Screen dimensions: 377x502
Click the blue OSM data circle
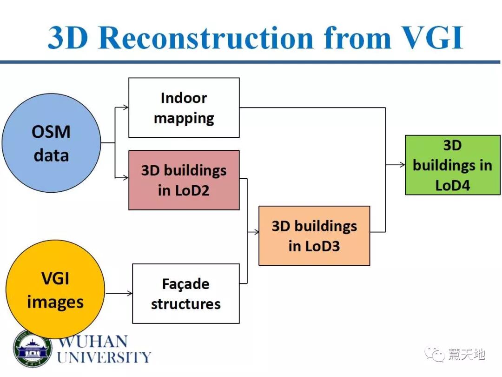click(51, 143)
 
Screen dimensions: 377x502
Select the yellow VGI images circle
click(55, 289)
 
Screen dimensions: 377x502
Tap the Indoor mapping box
click(184, 108)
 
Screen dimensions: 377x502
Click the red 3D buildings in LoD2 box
click(184, 180)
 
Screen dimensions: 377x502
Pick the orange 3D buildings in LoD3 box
click(314, 236)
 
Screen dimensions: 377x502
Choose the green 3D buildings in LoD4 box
click(452, 165)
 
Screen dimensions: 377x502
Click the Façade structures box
click(185, 294)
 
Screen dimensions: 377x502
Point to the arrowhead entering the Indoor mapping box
click(125, 107)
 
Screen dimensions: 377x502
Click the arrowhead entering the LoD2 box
click(125, 177)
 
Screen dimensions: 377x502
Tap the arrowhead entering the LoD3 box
click(256, 232)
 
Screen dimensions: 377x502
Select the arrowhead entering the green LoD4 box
click(402, 165)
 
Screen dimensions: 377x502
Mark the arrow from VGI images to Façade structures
click(119, 293)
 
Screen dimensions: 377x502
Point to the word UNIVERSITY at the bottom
click(104, 357)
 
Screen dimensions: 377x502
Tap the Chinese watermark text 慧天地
click(466, 355)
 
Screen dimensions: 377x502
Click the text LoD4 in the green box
click(452, 185)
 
